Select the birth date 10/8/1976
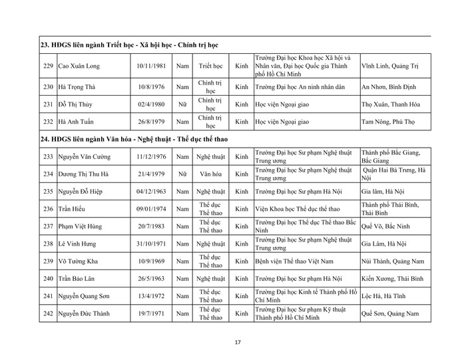[x=150, y=87]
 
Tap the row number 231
[x=47, y=104]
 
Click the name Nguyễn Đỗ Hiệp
[x=82, y=191]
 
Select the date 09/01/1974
[x=150, y=208]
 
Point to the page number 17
[x=238, y=343]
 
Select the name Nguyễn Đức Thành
[x=85, y=313]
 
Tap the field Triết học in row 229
[x=208, y=67]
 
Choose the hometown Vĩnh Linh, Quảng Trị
[x=392, y=67]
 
